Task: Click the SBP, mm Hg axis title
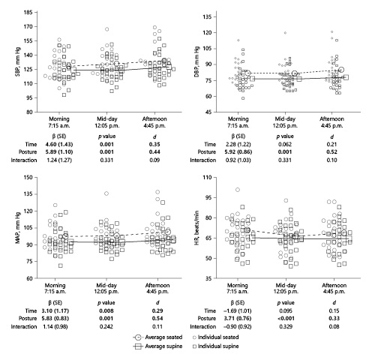[9, 62]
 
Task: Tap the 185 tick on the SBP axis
[27, 13]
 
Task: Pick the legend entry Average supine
[172, 347]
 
